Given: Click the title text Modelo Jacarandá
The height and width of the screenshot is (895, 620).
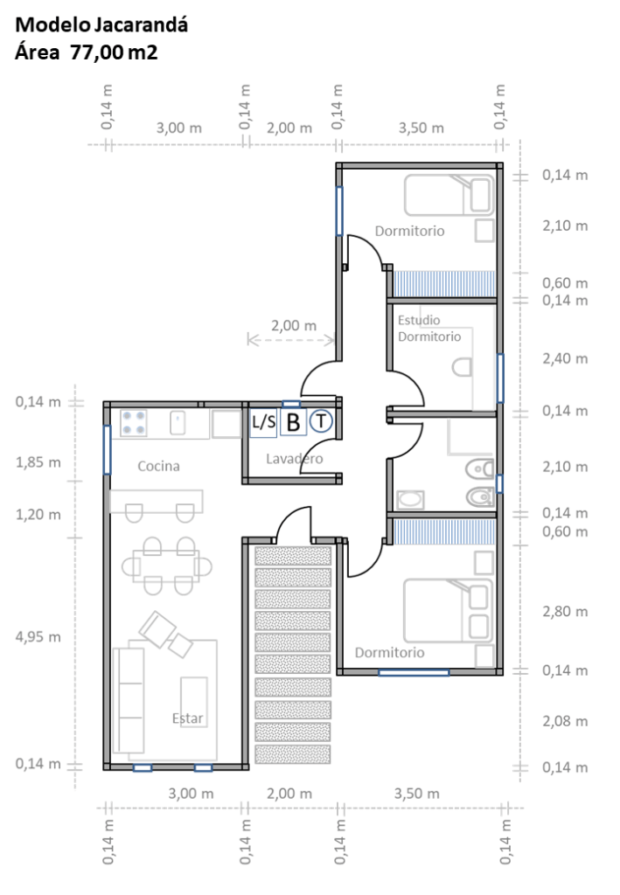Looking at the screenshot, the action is pos(101,25).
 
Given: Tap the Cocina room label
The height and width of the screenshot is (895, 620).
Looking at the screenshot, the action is pos(158,467).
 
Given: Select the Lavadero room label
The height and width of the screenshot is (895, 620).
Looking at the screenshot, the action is pos(295,458).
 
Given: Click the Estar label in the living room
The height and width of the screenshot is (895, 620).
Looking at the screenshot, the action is pos(187,718).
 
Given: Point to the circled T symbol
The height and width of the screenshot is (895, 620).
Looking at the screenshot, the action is pos(321,421).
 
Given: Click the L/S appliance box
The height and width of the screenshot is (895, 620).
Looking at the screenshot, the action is pos(263,423).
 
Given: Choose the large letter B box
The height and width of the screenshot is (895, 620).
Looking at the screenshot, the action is pos(294,422).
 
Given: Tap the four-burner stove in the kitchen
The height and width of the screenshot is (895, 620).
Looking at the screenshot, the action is pos(133,423).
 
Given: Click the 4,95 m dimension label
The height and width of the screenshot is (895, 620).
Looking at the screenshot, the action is pos(38,636).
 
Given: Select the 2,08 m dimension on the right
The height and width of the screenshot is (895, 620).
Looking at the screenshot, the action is pos(565,721).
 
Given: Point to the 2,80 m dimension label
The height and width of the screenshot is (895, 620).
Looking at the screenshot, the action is pos(565,611).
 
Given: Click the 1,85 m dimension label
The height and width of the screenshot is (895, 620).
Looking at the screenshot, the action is pos(38,461).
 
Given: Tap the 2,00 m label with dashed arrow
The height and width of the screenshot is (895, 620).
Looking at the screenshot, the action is pos(294,326).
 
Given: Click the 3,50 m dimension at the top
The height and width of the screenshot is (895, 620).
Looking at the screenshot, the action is pos(421,128).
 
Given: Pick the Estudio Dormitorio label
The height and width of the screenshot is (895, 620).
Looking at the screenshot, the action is pos(429,329).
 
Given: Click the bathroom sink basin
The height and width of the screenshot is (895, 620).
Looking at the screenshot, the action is pos(410,500).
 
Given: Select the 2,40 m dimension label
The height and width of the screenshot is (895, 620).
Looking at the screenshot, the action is pos(565,358).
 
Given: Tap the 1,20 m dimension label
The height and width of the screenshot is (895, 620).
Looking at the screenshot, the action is pos(38,514).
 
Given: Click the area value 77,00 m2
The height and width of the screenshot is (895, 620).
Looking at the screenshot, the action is pos(114,52).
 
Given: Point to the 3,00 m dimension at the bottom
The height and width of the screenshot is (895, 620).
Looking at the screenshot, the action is pos(191,794).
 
